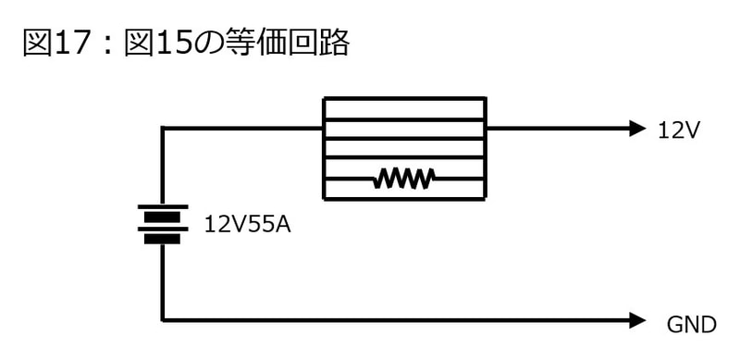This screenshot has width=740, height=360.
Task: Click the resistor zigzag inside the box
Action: pos(404,179)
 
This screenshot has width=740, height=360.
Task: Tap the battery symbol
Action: pos(164,224)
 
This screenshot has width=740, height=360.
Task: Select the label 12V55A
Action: pos(247,224)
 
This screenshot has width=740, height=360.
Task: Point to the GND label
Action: pos(691,324)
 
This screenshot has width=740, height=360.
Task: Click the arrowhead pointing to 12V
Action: pos(635,128)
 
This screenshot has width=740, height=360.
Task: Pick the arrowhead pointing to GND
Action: pos(635,321)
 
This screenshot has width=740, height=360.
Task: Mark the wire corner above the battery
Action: pos(164,129)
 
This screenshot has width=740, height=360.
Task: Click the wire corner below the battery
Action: pos(164,321)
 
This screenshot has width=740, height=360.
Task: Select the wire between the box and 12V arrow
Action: pos(555,128)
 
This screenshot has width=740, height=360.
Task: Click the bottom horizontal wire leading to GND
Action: pos(398,321)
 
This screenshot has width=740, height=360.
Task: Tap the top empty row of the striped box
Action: pos(404,108)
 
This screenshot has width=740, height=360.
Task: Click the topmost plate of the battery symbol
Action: pos(164,207)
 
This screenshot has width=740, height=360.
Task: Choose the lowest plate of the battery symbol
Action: pos(164,239)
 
